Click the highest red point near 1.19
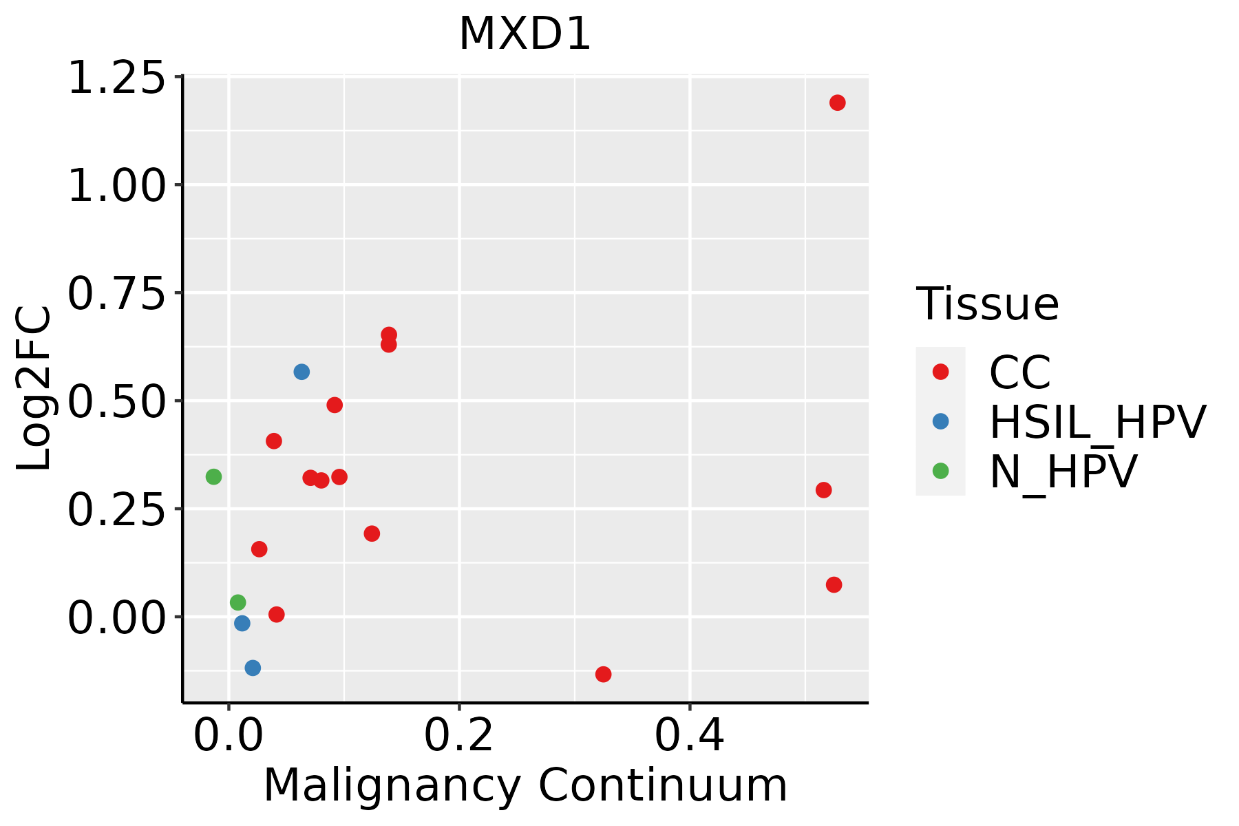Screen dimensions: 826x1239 837,103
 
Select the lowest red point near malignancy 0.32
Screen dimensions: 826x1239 603,674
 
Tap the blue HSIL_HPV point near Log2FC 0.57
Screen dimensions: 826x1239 301,372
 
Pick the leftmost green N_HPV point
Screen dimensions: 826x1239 213,476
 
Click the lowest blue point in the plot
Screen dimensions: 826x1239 253,668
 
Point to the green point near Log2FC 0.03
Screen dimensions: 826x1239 237,602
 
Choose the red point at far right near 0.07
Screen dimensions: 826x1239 834,584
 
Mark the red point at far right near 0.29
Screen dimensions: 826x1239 823,490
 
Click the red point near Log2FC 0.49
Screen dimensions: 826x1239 335,405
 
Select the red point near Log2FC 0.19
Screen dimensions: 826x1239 372,533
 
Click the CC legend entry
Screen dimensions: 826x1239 1019,372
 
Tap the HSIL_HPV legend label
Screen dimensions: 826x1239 1097,422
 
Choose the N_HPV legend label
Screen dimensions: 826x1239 1063,472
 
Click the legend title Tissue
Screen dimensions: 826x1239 987,304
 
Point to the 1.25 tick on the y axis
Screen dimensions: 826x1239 117,77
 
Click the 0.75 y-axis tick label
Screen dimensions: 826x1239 117,293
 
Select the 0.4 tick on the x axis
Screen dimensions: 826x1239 689,735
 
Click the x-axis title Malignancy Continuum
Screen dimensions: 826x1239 525,785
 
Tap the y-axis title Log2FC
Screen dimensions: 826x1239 34,389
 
